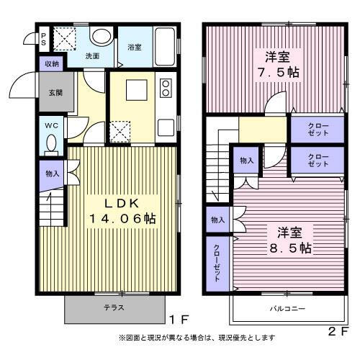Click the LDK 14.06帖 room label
tap(122, 211)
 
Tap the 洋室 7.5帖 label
tap(279, 65)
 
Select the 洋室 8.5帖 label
tap(290, 240)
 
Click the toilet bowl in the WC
tap(51, 143)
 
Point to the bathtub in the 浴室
tap(165, 47)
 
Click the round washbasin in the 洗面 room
tap(102, 37)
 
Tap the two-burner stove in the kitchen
tap(166, 88)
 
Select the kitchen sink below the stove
tap(166, 127)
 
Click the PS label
tap(44, 40)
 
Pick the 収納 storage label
tap(52, 64)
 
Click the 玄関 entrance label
tap(56, 93)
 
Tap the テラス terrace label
tap(114, 307)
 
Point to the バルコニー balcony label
tap(287, 308)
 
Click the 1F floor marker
tap(179, 319)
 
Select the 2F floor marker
tap(338, 331)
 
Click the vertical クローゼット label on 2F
tap(217, 263)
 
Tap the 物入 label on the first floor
tap(53, 174)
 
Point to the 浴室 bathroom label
tap(135, 47)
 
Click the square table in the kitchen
tap(137, 90)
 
